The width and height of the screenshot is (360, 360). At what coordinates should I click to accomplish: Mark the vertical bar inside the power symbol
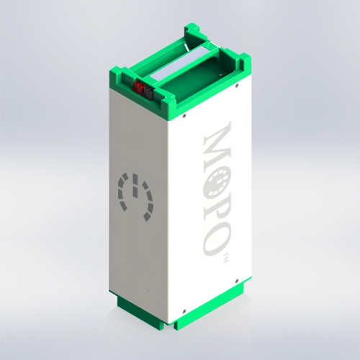click(135, 189)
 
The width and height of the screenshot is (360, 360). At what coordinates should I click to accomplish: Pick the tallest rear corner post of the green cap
click(194, 30)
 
